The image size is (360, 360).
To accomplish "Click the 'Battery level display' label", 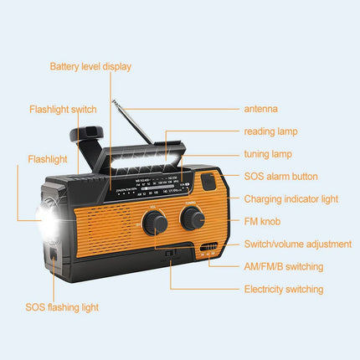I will (90, 66).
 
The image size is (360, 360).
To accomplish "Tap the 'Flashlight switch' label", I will (63, 110).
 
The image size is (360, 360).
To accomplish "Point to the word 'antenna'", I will (260, 109).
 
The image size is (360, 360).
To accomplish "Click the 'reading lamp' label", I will (270, 131).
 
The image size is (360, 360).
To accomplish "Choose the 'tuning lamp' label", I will (268, 154).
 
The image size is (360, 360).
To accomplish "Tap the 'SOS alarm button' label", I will (280, 177).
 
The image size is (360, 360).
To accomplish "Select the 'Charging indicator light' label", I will (291, 199).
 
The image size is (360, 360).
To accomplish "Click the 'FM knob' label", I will (261, 222).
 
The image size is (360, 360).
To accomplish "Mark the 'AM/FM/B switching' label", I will (283, 266).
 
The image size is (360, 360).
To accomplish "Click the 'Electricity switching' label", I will (282, 289).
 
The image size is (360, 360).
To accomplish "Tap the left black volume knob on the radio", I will (154, 222).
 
